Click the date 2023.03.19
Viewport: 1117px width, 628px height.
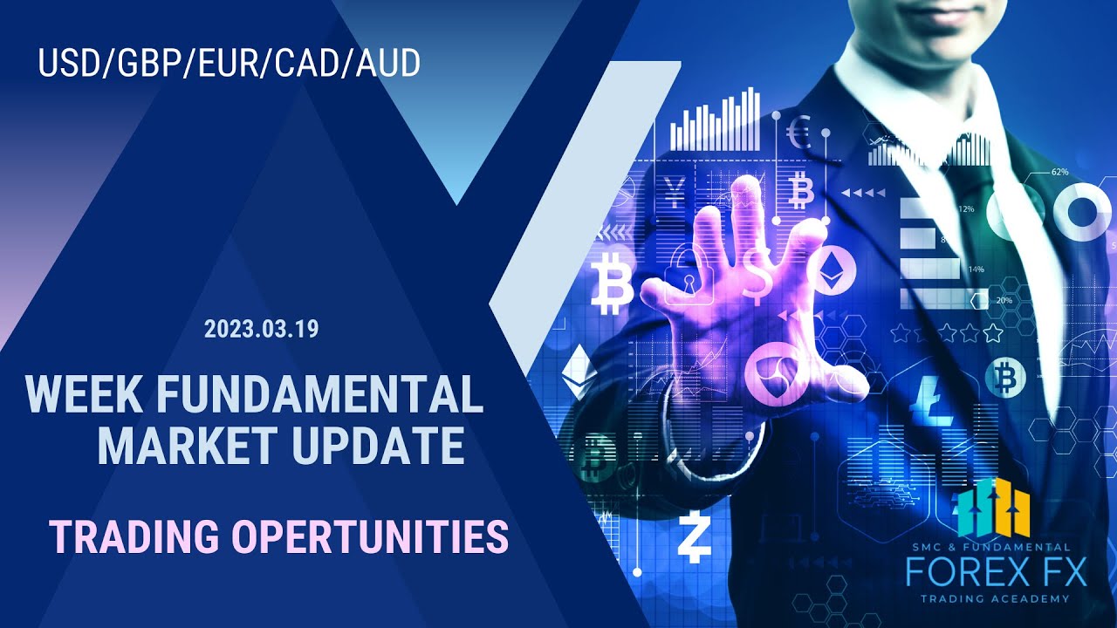click(262, 330)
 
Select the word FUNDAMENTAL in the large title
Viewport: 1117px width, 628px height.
click(319, 395)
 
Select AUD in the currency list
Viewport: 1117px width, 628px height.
click(387, 64)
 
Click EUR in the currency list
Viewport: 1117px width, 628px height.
click(229, 64)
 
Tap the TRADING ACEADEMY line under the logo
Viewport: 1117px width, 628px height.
click(995, 598)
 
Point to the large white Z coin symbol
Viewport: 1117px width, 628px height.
click(695, 540)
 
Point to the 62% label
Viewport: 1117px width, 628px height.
click(1059, 172)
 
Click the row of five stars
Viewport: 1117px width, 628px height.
click(948, 332)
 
